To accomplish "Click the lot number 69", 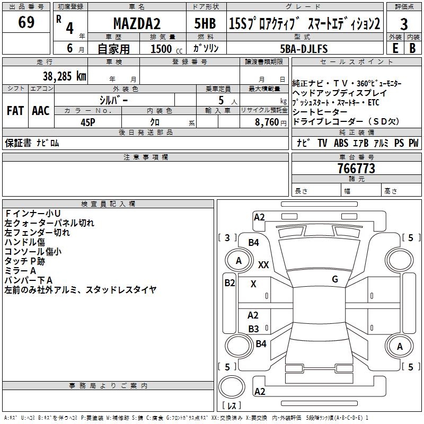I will point(26,23).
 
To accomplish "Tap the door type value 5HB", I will point(205,23).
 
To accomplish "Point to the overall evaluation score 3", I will point(404,24).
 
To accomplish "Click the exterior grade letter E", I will point(395,48).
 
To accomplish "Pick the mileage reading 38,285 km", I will point(64,76).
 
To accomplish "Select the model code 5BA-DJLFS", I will point(304,49).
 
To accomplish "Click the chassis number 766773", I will point(356,169).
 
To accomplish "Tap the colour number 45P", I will point(88,121).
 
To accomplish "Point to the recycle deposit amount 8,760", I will point(267,122).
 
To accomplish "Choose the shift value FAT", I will point(15,111).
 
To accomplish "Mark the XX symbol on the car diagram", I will point(263,264).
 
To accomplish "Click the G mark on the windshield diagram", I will point(335,279).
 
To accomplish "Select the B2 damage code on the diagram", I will point(229,283).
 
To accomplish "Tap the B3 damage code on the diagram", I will point(253,329).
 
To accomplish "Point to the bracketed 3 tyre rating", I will point(227,237).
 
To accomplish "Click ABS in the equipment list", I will point(341,143).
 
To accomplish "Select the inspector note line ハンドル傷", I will point(25,242).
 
